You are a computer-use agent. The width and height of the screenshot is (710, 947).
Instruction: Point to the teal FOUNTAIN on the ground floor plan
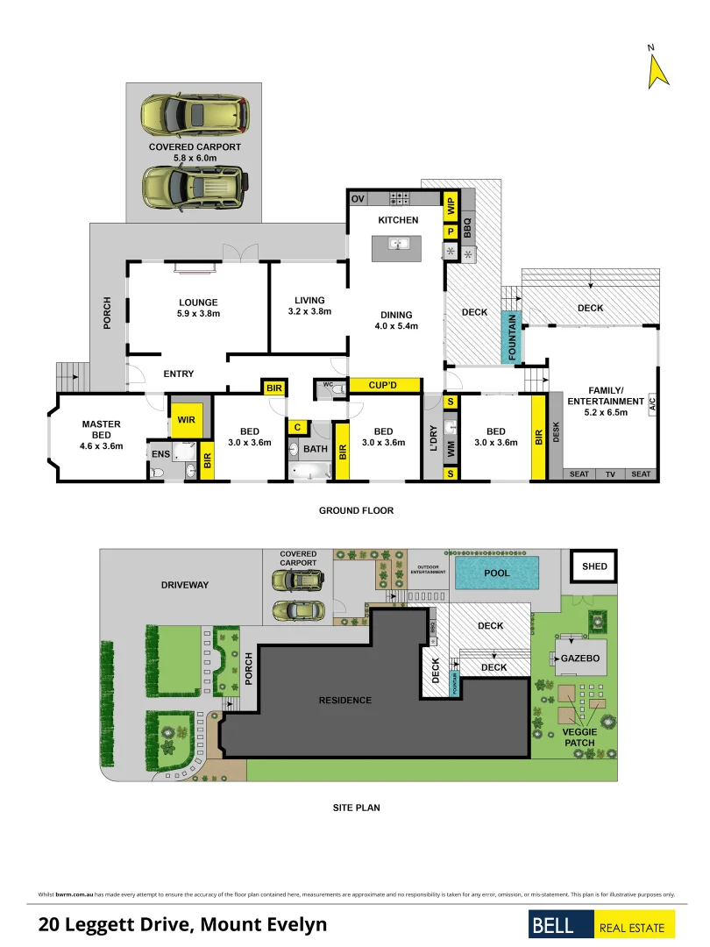[512, 338]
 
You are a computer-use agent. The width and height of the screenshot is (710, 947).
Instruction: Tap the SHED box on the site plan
[594, 566]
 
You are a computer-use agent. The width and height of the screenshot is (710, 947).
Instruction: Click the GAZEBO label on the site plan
[579, 657]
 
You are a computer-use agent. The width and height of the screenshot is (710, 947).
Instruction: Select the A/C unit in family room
[651, 405]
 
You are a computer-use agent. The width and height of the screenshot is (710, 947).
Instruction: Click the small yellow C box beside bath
[297, 427]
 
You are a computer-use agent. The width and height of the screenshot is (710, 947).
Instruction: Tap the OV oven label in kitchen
[358, 199]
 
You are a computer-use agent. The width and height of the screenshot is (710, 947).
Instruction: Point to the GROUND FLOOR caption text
[356, 510]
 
